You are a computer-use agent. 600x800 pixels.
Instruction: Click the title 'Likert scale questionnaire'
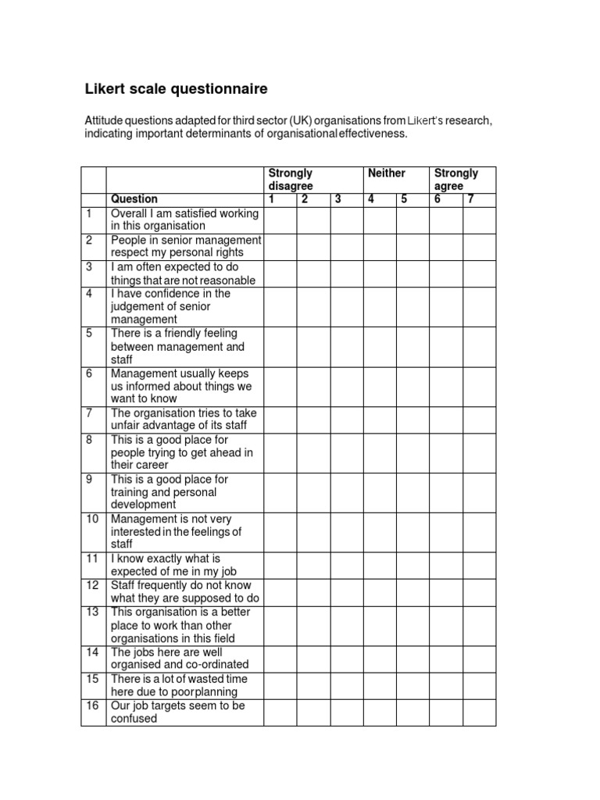(176, 89)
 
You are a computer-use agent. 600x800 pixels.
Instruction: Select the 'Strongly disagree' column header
(291, 179)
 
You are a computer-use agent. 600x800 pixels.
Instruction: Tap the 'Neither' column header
(387, 173)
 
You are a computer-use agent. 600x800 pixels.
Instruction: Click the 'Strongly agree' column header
(456, 179)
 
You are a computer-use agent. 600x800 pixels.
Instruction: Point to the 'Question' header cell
(134, 199)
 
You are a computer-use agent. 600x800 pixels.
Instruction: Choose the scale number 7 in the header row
(471, 199)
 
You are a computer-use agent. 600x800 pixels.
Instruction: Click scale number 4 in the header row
(371, 199)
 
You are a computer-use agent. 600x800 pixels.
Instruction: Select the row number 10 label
(93, 519)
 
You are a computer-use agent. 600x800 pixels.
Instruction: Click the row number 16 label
(93, 705)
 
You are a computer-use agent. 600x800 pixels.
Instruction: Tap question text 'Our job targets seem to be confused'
(177, 712)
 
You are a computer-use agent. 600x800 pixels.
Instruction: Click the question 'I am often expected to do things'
(183, 273)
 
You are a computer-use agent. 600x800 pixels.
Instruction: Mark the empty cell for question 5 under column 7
(479, 346)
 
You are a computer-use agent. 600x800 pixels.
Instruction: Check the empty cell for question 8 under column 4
(380, 452)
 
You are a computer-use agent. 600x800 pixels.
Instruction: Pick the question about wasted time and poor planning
(179, 685)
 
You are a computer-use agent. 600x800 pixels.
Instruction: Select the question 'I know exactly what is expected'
(177, 565)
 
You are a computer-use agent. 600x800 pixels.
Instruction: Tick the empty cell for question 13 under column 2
(313, 625)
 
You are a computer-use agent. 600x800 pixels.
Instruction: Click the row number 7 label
(91, 412)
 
